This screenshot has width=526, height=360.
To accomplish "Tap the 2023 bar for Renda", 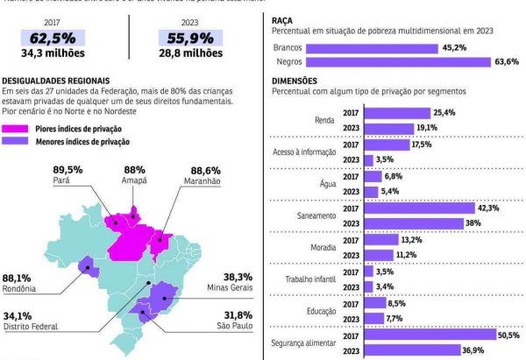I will [x=388, y=129].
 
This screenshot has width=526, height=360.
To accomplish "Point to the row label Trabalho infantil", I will [x=310, y=279].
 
